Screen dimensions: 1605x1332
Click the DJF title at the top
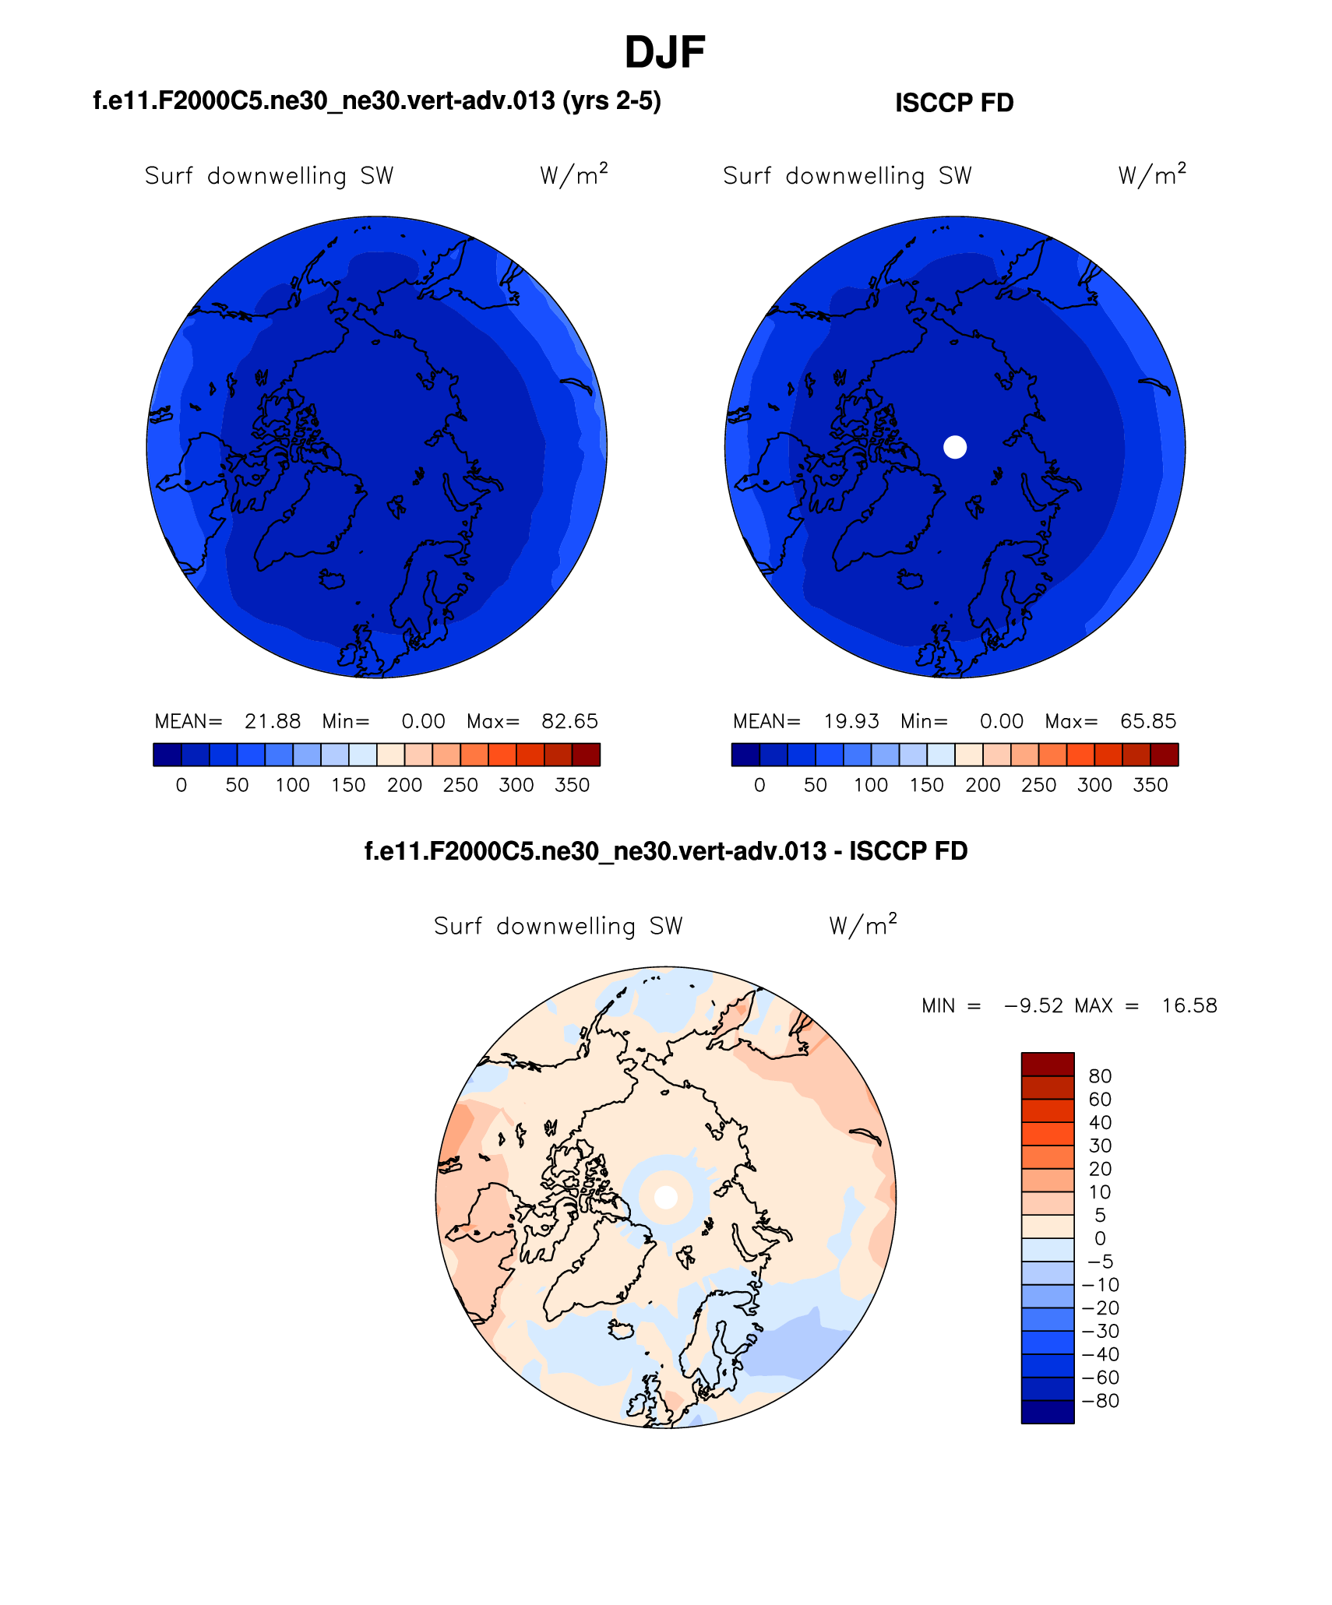pyautogui.click(x=664, y=53)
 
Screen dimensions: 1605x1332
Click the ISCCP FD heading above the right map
pyautogui.click(x=953, y=103)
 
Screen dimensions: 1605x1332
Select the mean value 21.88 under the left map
pyautogui.click(x=273, y=721)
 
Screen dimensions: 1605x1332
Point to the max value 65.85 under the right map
pyautogui.click(x=1147, y=721)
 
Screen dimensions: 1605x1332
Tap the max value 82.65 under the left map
pyautogui.click(x=569, y=721)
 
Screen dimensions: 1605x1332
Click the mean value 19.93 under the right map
pyautogui.click(x=851, y=721)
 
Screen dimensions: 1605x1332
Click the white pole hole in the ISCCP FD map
pyautogui.click(x=954, y=447)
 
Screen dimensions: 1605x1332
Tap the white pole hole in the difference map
pyautogui.click(x=665, y=1197)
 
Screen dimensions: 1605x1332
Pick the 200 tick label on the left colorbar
pyautogui.click(x=404, y=785)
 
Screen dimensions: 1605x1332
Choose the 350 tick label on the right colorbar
pyautogui.click(x=1150, y=785)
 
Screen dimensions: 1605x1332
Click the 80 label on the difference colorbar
pyautogui.click(x=1100, y=1076)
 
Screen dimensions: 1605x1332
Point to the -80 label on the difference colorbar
pyautogui.click(x=1100, y=1401)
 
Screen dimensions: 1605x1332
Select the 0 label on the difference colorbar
pyautogui.click(x=1100, y=1238)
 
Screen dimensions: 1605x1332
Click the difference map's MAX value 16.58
pyautogui.click(x=1189, y=1005)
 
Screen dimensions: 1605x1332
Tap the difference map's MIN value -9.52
pyautogui.click(x=1034, y=1005)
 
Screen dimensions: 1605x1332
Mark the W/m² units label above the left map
pyautogui.click(x=573, y=174)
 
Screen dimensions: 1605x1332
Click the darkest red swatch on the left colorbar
pyautogui.click(x=586, y=755)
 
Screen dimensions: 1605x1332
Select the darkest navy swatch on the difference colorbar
pyautogui.click(x=1047, y=1412)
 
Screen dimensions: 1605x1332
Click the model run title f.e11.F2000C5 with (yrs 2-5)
pyautogui.click(x=377, y=101)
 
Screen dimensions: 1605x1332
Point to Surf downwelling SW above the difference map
pyautogui.click(x=558, y=926)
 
